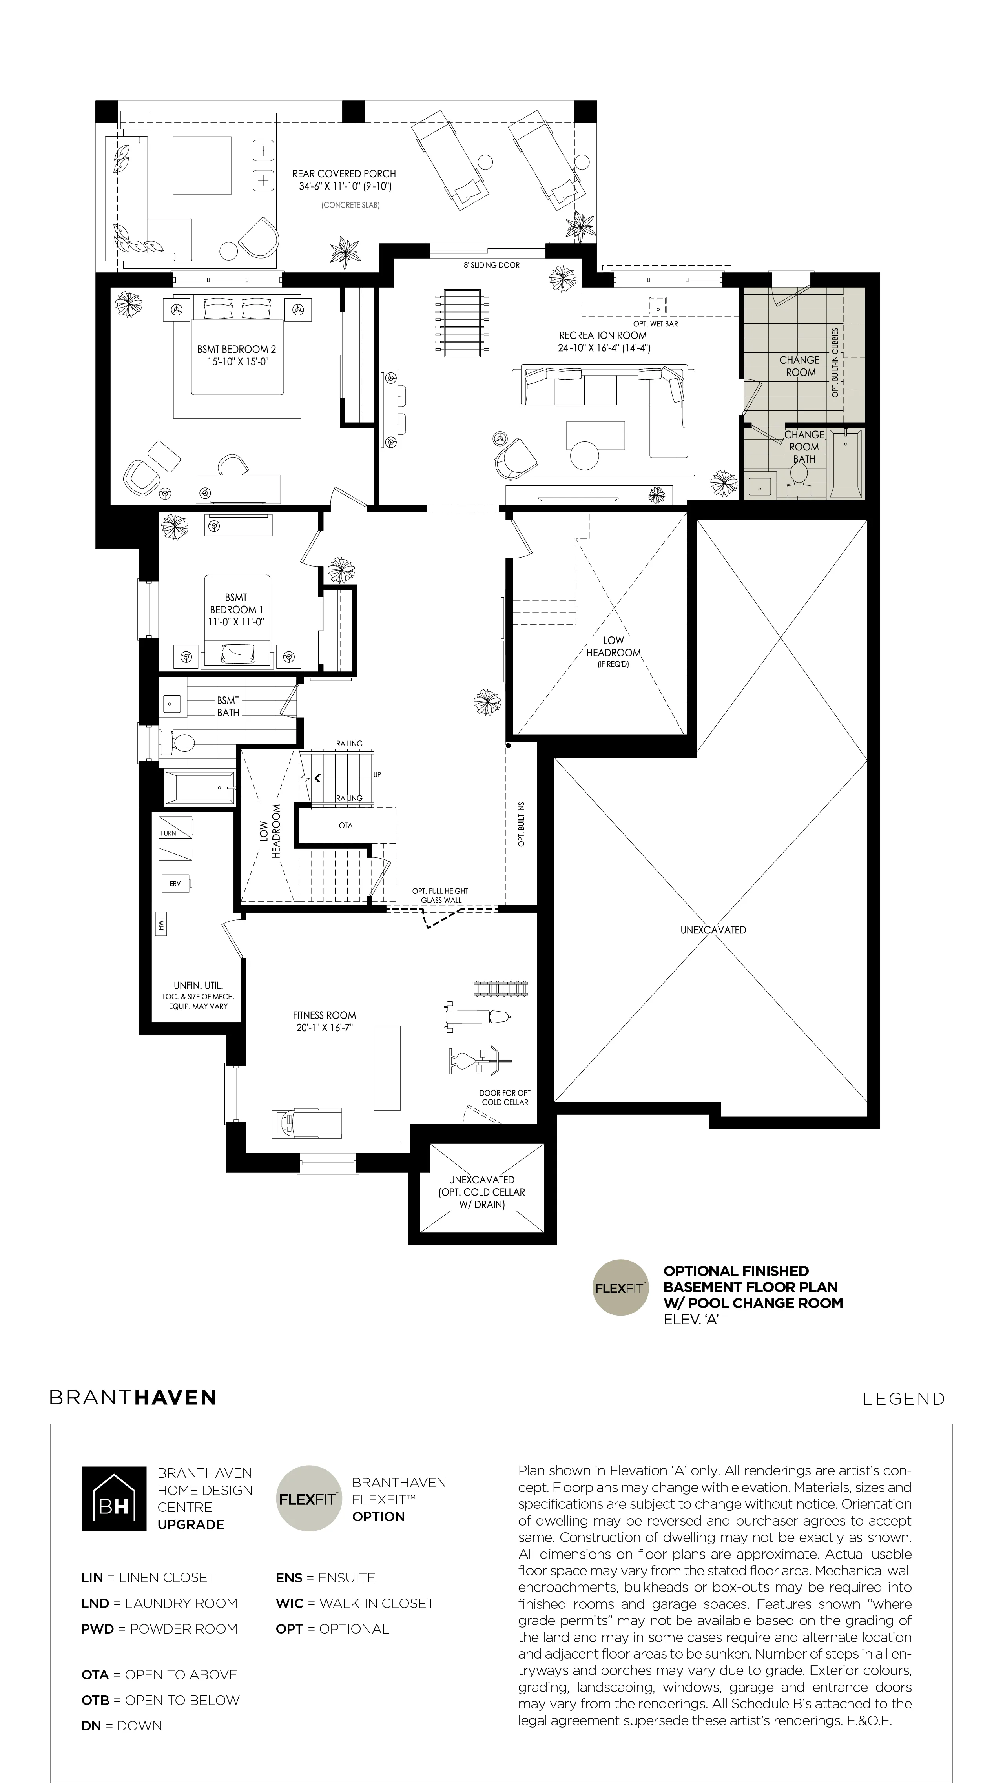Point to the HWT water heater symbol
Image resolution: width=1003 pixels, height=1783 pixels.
tap(161, 923)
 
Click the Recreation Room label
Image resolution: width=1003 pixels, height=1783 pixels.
tap(603, 335)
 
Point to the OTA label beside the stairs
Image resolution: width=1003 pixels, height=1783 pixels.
tap(345, 825)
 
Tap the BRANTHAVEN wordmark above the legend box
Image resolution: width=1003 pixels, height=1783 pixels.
tap(133, 1397)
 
